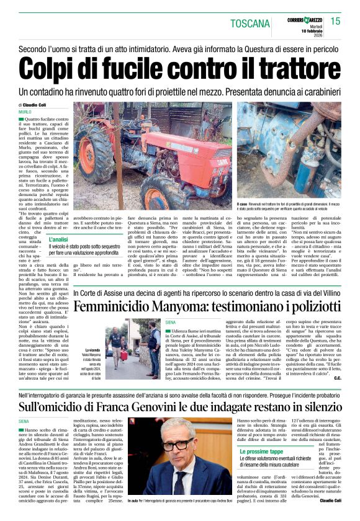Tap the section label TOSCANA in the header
coord(250,24)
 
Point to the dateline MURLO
coord(25,112)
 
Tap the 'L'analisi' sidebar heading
coord(58,239)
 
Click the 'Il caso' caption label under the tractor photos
coord(242,203)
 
